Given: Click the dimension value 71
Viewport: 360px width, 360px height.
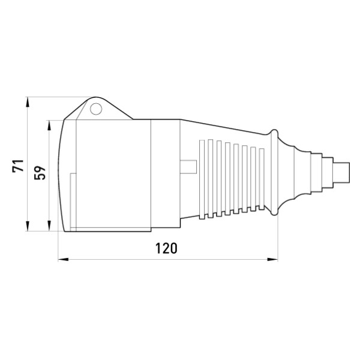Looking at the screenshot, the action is coord(18,166).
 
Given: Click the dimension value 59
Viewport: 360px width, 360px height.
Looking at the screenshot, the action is coord(40,173).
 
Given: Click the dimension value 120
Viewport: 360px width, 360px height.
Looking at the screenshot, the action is coord(166,248).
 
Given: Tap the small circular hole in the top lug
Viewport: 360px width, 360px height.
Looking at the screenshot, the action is coord(96,109).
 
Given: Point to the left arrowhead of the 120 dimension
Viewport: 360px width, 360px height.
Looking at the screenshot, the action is coord(63,259).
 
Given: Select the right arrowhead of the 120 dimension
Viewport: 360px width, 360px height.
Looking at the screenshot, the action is coord(272,259).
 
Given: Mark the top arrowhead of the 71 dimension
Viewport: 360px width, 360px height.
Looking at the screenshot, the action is coord(28,102).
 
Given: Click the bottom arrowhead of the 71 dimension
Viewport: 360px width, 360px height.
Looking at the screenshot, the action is coord(28,226).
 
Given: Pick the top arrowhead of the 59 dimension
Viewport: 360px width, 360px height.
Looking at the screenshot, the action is coord(49,125).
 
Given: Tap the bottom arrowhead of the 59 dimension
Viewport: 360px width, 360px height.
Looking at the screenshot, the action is coord(49,226).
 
